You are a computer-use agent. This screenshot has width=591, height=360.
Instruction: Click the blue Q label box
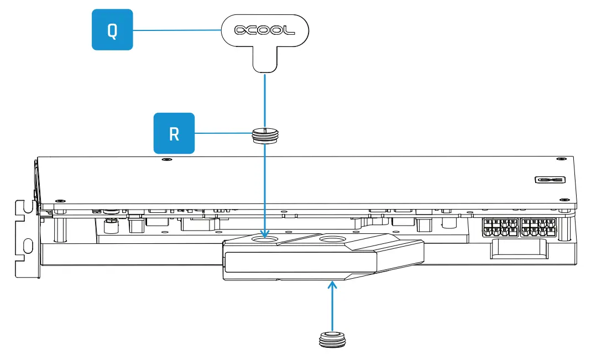pos(112,30)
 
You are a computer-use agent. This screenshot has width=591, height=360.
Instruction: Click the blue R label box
pos(174,133)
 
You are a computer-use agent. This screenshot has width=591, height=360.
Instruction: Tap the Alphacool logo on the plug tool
pos(265,30)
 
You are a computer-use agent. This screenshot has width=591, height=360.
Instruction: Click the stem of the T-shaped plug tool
pos(265,60)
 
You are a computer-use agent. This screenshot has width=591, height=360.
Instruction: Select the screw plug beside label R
pos(265,135)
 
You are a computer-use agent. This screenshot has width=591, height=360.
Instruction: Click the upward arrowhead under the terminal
pos(332,285)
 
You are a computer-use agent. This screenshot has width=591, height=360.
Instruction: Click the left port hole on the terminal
pos(265,239)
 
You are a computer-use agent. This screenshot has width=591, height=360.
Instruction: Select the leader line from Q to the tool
pos(177,30)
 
